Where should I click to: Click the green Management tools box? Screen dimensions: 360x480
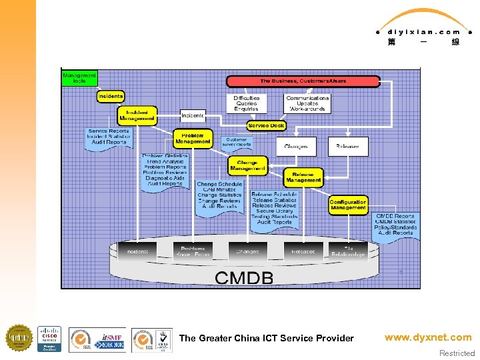[x=79, y=78]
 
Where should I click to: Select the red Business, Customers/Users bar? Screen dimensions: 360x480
[x=303, y=81]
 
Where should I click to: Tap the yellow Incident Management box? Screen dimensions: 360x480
[x=137, y=115]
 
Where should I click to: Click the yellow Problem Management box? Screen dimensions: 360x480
[x=193, y=138]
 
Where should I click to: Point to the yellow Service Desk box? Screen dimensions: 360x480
[x=266, y=125]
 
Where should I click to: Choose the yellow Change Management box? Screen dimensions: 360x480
[x=247, y=165]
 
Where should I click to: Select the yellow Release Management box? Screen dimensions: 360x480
[x=303, y=177]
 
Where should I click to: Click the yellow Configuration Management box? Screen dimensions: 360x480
[x=348, y=205]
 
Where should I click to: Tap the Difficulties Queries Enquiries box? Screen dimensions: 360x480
[x=246, y=103]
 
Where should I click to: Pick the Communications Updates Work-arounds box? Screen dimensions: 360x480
[x=307, y=103]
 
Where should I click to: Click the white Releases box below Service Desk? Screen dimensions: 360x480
[x=347, y=147]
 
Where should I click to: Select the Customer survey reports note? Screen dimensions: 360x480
[x=237, y=142]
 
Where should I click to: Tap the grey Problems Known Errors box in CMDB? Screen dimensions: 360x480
[x=192, y=251]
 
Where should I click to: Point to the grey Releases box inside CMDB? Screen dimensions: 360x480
[x=303, y=251]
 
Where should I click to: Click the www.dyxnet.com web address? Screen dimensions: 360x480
[x=427, y=337]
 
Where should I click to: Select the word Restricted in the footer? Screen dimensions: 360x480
[x=457, y=353]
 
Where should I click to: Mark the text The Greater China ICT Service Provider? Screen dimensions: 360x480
[x=266, y=338]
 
